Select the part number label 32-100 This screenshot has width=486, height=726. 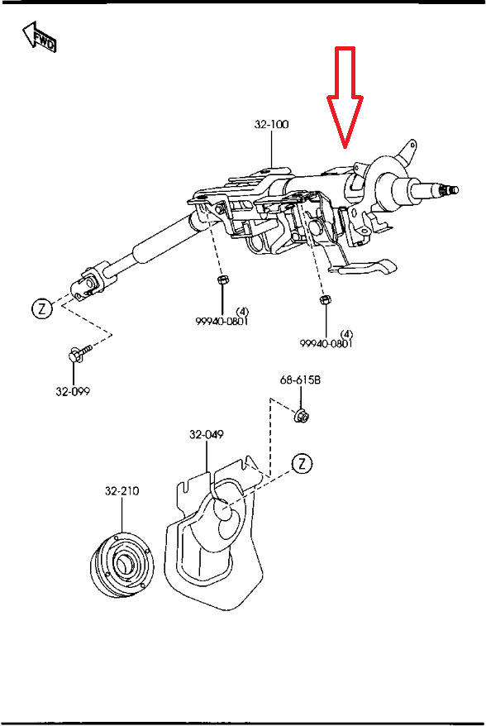click(271, 125)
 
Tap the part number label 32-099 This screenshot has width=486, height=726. click(73, 392)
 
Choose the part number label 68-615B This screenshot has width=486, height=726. click(299, 380)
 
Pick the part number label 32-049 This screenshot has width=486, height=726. click(206, 434)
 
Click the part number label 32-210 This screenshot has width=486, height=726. click(121, 490)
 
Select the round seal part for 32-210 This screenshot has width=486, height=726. click(119, 567)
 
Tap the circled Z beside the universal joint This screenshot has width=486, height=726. click(40, 309)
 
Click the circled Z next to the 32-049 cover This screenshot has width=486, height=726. click(303, 463)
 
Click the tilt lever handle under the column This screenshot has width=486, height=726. click(364, 268)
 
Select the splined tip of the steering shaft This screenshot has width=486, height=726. click(450, 191)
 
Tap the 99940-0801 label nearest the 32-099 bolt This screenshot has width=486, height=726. click(222, 321)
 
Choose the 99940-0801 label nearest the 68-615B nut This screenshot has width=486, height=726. click(326, 342)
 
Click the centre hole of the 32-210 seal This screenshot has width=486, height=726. click(124, 566)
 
